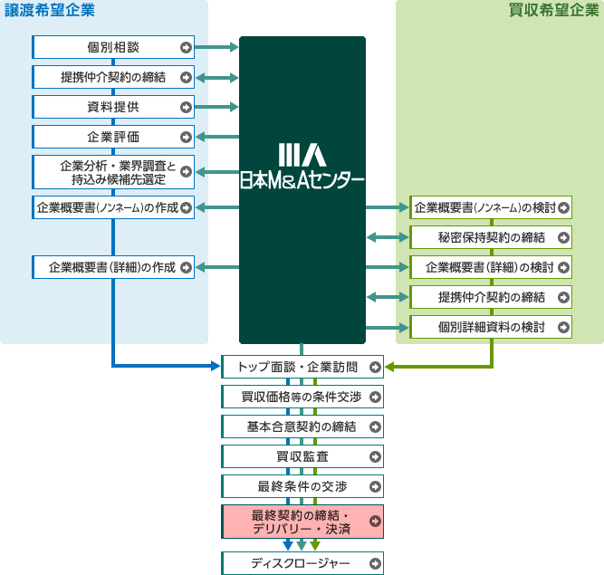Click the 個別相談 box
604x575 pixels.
113,48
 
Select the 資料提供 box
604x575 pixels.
113,107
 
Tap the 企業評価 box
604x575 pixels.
113,137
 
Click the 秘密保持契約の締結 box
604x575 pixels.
492,237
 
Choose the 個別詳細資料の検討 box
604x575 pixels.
492,327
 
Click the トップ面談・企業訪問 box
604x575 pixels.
302,367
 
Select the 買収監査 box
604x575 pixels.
302,455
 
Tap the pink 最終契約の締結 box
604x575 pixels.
302,522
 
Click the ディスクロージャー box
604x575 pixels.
302,564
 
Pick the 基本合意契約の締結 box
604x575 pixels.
302,426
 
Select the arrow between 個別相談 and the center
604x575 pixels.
216,48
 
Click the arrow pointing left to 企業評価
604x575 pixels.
216,137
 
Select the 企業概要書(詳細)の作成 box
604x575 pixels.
113,267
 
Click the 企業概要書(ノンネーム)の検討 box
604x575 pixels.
492,207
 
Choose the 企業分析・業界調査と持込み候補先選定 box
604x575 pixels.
113,172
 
